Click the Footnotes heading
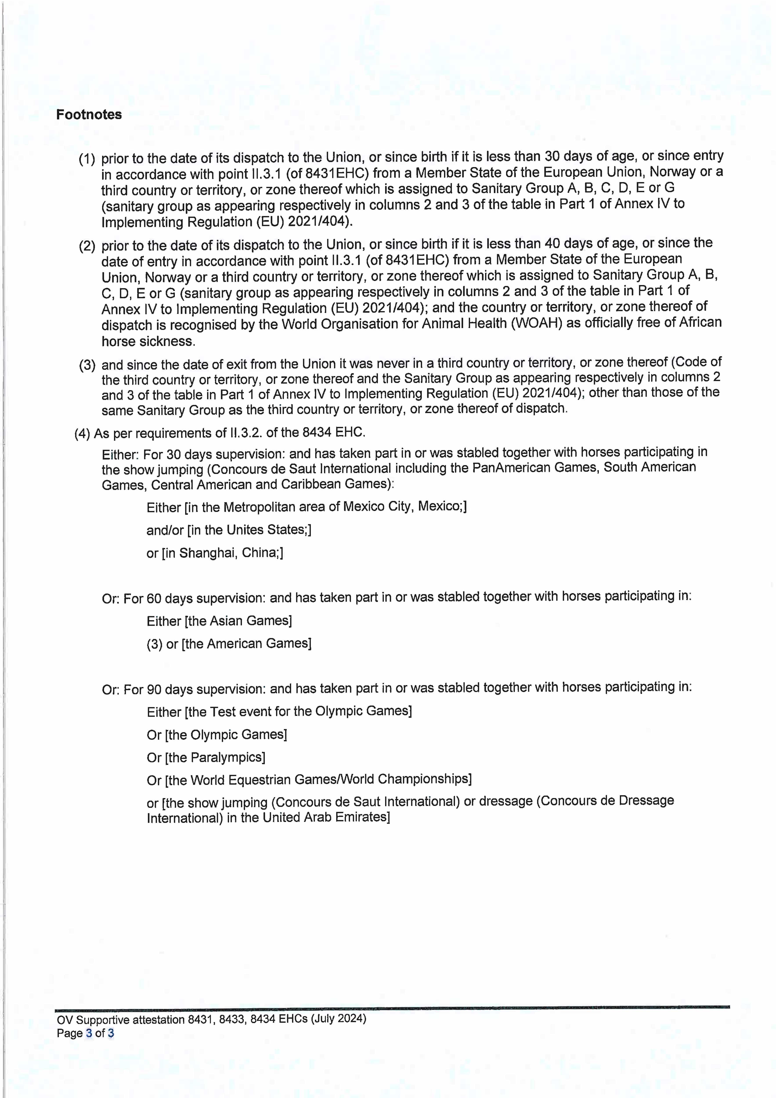89,115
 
